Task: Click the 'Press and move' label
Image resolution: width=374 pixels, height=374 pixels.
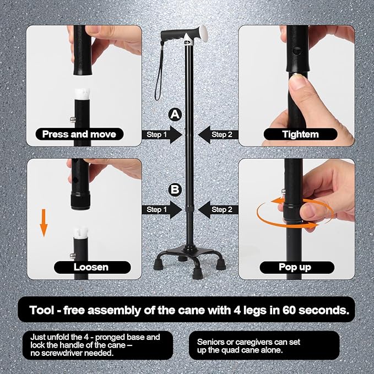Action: pyautogui.click(x=79, y=134)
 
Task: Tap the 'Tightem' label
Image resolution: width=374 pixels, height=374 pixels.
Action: pyautogui.click(x=300, y=134)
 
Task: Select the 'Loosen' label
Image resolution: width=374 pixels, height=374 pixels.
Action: pyautogui.click(x=91, y=267)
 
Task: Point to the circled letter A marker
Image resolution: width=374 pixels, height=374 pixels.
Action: pyautogui.click(x=175, y=114)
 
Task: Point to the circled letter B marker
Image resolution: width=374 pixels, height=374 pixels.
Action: pyautogui.click(x=175, y=190)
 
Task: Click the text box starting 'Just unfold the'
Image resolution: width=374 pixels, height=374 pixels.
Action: pyautogui.click(x=94, y=345)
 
